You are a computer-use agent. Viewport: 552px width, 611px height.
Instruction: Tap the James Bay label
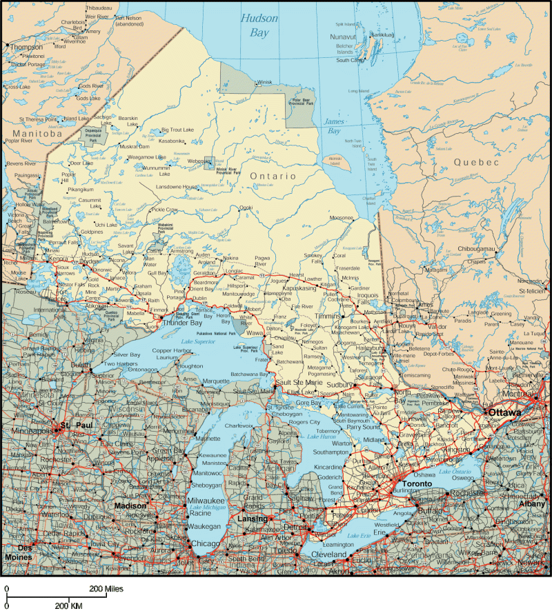click(333, 126)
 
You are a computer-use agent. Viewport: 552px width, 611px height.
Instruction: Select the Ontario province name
click(273, 177)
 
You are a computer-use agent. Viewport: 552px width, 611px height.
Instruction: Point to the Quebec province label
click(475, 162)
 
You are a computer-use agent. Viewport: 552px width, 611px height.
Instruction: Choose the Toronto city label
click(417, 483)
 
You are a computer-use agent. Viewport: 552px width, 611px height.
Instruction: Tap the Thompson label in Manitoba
click(26, 47)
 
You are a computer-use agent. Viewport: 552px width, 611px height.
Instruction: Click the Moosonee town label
click(342, 217)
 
